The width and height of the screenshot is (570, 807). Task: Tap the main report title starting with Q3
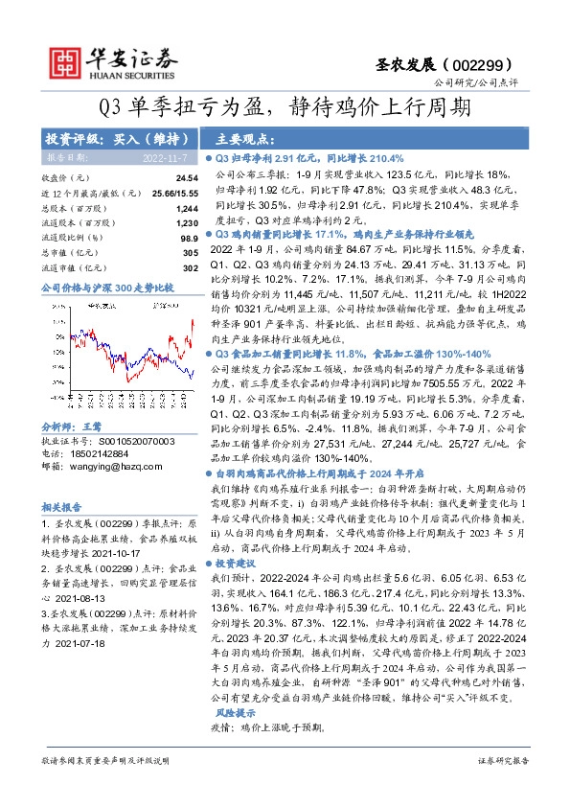click(285, 104)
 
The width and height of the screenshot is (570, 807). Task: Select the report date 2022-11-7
click(165, 157)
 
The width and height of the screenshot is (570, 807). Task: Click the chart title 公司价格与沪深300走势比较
click(105, 287)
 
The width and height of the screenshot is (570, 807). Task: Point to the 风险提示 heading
click(235, 714)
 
